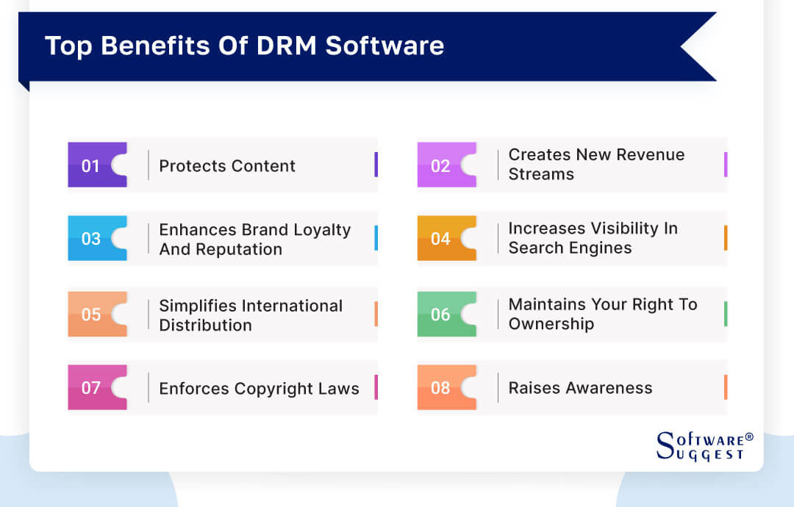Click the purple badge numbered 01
pyautogui.click(x=92, y=165)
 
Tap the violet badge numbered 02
pyautogui.click(x=442, y=165)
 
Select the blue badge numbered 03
pyautogui.click(x=92, y=239)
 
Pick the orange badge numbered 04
pyautogui.click(x=442, y=239)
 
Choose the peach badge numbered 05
pyautogui.click(x=92, y=314)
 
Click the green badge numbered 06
pyautogui.click(x=442, y=314)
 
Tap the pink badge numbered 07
pyautogui.click(x=92, y=387)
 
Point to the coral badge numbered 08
pyautogui.click(x=442, y=387)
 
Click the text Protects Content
pyautogui.click(x=227, y=166)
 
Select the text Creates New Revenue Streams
pyautogui.click(x=596, y=165)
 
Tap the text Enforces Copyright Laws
pyautogui.click(x=259, y=389)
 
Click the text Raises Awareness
pyautogui.click(x=580, y=388)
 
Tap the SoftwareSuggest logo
pyautogui.click(x=701, y=447)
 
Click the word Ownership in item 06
pyautogui.click(x=551, y=324)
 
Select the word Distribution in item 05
pyautogui.click(x=205, y=325)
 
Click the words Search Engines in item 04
pyautogui.click(x=570, y=248)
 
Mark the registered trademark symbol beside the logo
pyautogui.click(x=749, y=436)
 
